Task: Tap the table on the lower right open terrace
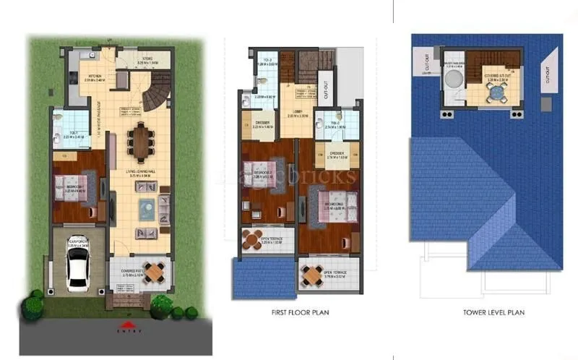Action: pos(312,274)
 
